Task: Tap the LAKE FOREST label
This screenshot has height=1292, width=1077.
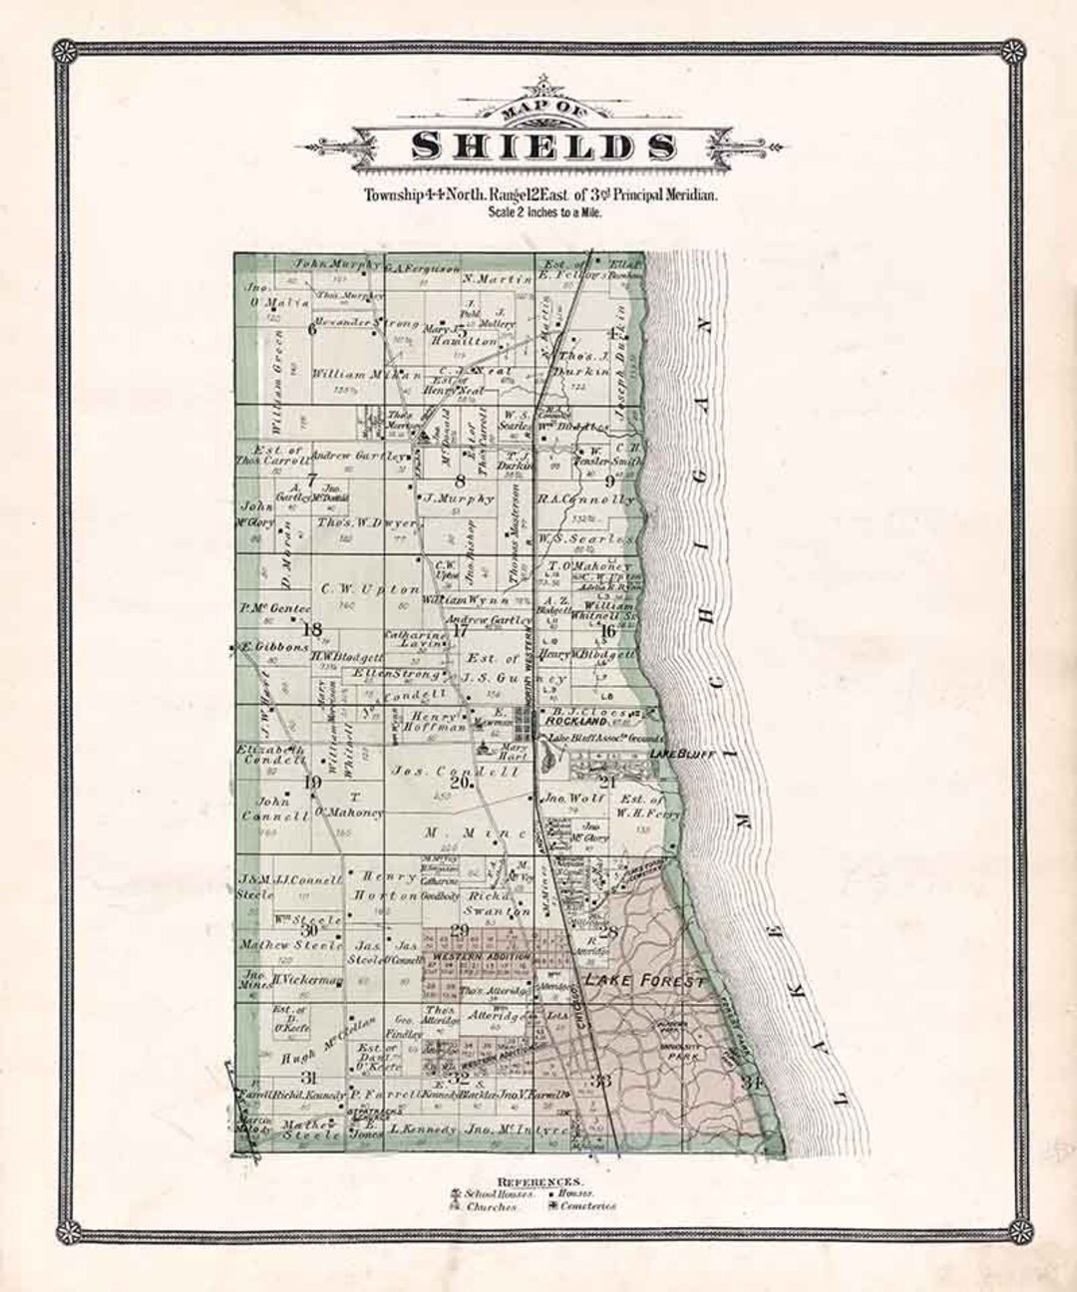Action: [x=645, y=982]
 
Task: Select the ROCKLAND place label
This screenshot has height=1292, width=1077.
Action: [x=572, y=721]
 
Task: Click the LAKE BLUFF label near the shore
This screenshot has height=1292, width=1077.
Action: [x=683, y=755]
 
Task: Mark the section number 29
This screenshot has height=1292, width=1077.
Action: [x=460, y=931]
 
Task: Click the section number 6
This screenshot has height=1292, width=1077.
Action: [x=312, y=330]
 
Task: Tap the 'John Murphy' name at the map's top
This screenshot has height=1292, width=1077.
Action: [x=321, y=264]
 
